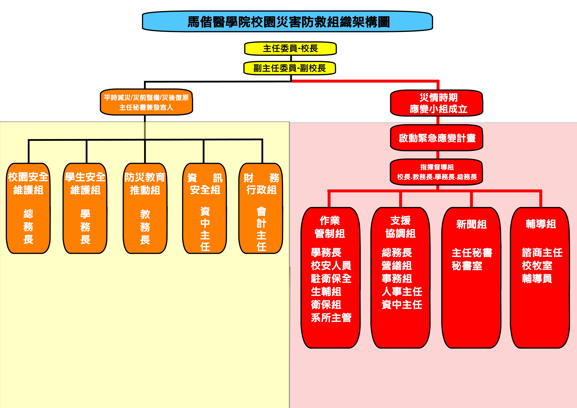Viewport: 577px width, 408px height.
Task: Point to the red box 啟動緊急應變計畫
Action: [x=437, y=138]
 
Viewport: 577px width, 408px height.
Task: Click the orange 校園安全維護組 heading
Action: [x=28, y=183]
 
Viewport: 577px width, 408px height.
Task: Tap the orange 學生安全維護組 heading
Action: [x=85, y=183]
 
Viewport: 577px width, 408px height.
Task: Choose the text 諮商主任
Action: [x=542, y=252]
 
